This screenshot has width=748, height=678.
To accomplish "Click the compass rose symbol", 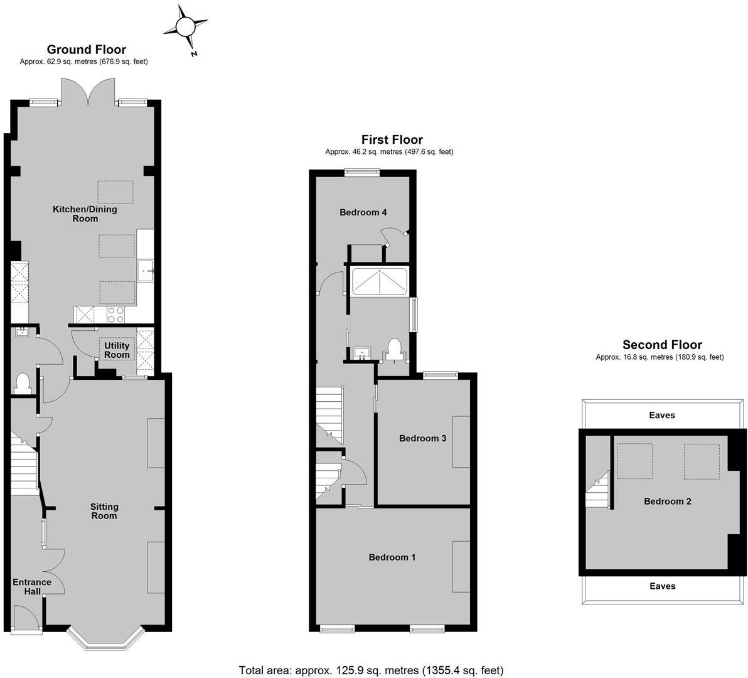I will click(186, 28).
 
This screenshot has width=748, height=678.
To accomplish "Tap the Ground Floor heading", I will click(87, 50).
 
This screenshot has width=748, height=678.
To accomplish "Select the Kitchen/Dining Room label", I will click(85, 214).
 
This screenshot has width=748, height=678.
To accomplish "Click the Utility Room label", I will click(117, 350).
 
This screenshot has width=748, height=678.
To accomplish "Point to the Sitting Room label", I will click(104, 511).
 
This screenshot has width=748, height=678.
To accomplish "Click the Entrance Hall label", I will click(32, 587).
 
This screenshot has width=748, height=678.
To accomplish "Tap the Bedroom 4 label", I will click(363, 212).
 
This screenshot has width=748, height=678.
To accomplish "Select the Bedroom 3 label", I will click(422, 438).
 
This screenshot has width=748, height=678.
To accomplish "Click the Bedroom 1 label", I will click(392, 557).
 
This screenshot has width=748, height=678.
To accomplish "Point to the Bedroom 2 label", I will click(667, 501).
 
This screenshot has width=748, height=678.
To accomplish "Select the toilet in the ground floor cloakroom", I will click(22, 384).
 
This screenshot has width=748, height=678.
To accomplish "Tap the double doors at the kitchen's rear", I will click(88, 91).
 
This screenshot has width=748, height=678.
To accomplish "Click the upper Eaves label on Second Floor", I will click(662, 415).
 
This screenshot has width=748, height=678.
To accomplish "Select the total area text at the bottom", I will click(371, 670).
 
